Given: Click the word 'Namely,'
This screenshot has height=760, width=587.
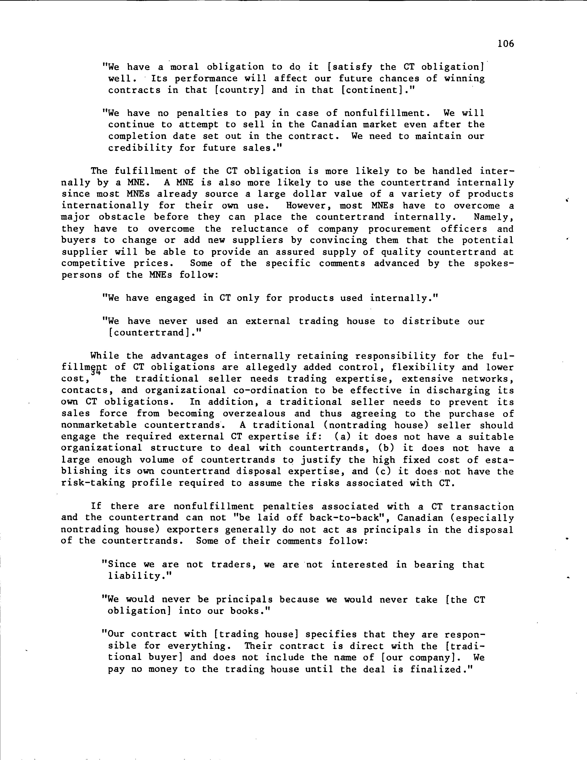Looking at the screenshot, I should point(494,217).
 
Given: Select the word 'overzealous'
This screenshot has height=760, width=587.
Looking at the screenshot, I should point(254,413).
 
